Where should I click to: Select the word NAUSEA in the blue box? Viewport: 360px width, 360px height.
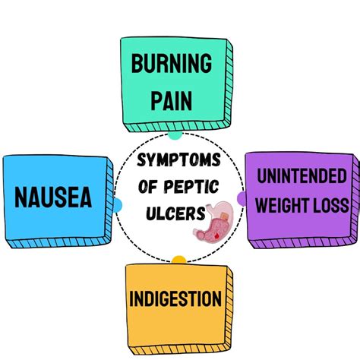(x=53, y=199)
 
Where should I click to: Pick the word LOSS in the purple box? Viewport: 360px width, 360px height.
(x=333, y=205)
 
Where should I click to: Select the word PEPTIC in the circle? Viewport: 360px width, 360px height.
(x=196, y=185)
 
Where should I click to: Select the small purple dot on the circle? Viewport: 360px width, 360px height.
(x=242, y=199)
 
